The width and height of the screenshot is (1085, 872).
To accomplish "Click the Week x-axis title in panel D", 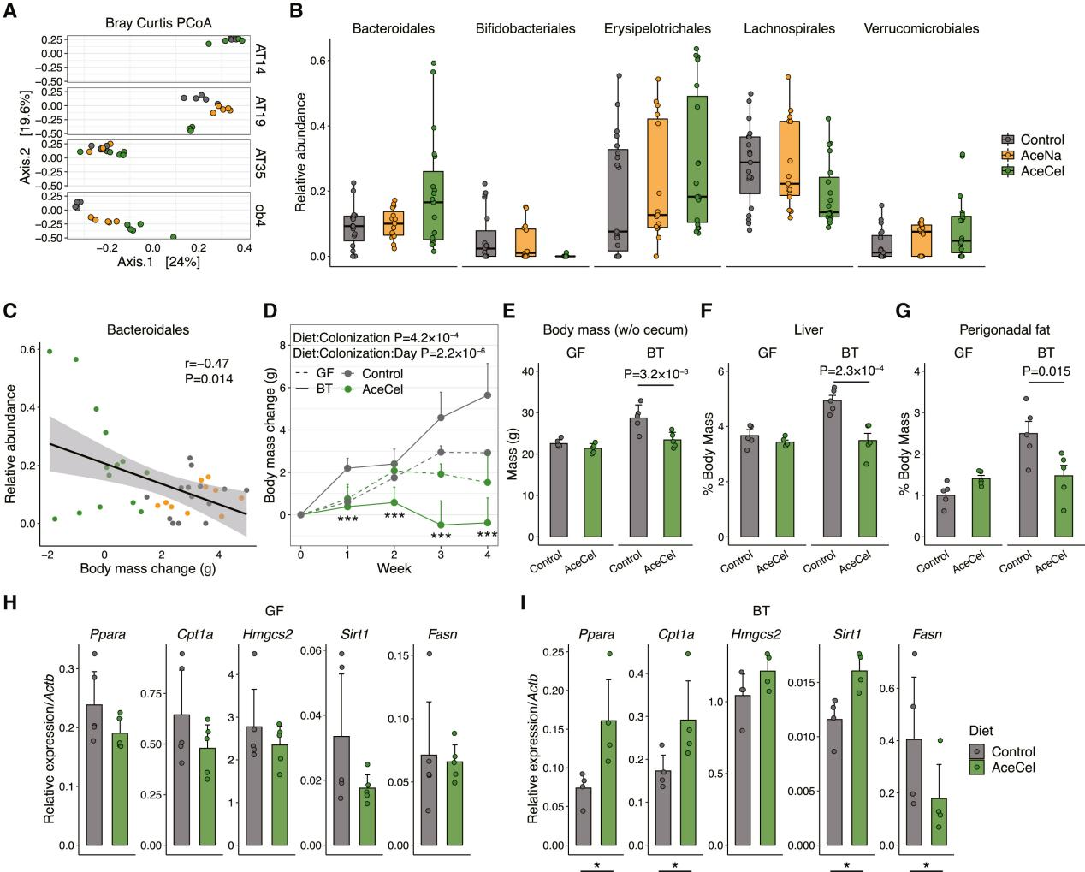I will [394, 568].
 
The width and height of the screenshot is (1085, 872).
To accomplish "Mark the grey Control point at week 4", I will [488, 395].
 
